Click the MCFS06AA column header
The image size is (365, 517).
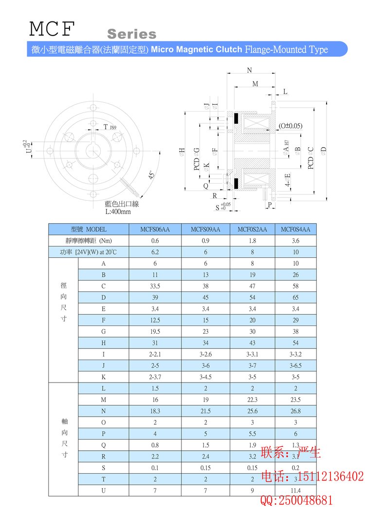pos(155,230)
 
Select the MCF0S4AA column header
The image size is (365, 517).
pos(295,230)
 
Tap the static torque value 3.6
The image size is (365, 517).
pos(295,241)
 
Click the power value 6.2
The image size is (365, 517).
pos(155,252)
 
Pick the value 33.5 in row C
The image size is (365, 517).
pos(155,286)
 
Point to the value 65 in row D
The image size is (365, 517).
pos(295,297)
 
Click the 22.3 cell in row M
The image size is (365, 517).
pos(252,400)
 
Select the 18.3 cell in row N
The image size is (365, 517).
pos(155,411)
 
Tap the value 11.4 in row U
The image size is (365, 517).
pos(295,490)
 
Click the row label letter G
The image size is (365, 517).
pos(103,331)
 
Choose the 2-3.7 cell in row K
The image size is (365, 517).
pos(155,377)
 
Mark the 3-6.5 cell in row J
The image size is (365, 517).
pos(295,365)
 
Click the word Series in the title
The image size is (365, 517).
pos(132,34)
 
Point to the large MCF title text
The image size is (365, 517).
pos(52,29)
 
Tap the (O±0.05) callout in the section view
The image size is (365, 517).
pos(291,126)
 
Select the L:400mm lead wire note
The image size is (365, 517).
pos(118,212)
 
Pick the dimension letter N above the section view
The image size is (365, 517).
pos(250,70)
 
